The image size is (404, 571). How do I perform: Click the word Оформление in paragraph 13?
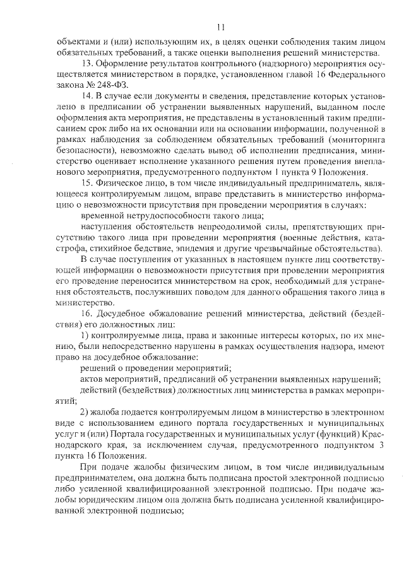125,63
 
